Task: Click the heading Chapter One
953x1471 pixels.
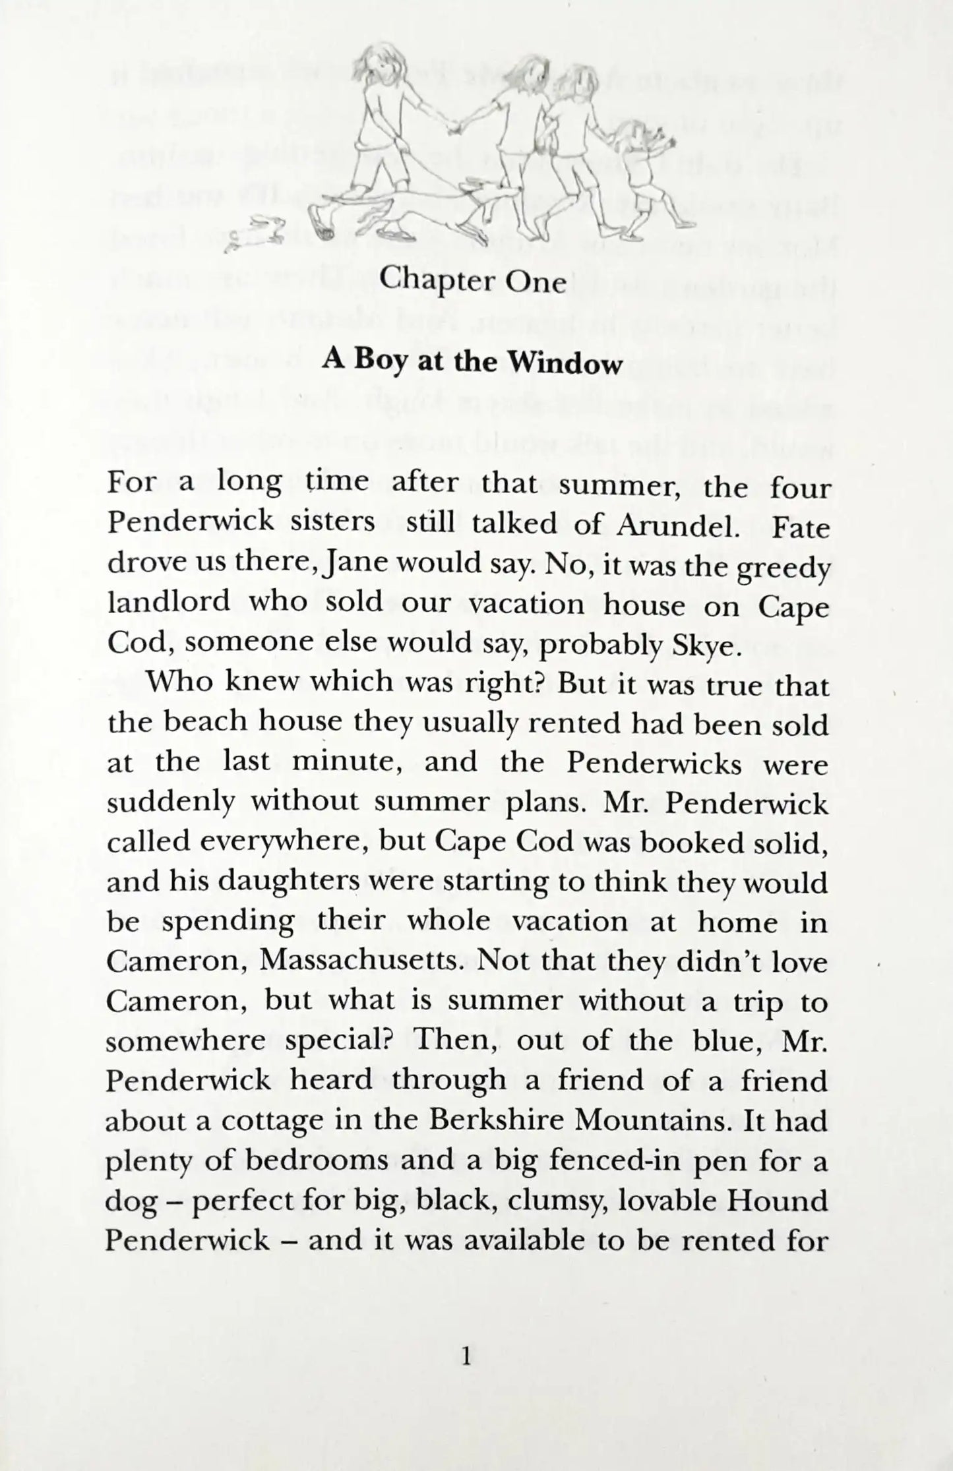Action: [473, 282]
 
